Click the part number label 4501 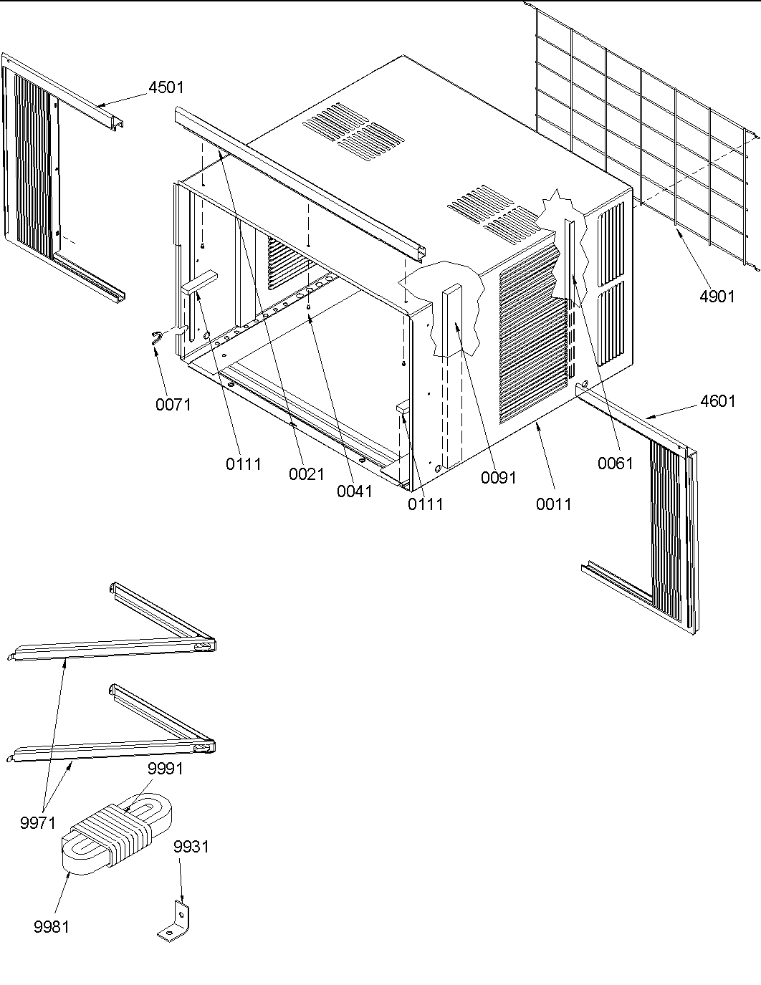[x=166, y=87]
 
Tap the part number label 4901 [x=717, y=296]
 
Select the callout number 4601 [x=717, y=401]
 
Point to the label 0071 [x=173, y=405]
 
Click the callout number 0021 [x=307, y=474]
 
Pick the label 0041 [x=355, y=491]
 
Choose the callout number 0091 [x=499, y=478]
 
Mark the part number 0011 [x=554, y=504]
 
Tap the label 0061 [x=616, y=463]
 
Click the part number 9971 [x=38, y=822]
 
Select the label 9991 [x=166, y=769]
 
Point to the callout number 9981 [x=52, y=927]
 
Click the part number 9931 [x=191, y=847]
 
